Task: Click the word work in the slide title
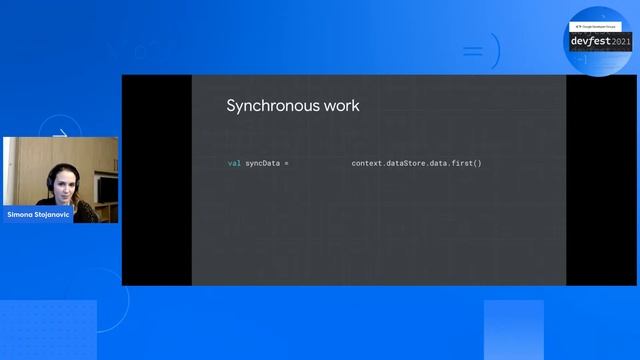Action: (x=338, y=105)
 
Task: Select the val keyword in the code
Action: (x=234, y=162)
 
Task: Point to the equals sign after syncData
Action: (x=288, y=162)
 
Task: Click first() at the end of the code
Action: (x=466, y=162)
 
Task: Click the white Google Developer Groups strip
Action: (x=598, y=26)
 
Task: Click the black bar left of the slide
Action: (x=156, y=180)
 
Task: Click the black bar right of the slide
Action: (x=600, y=180)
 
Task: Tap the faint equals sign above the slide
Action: (x=473, y=50)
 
